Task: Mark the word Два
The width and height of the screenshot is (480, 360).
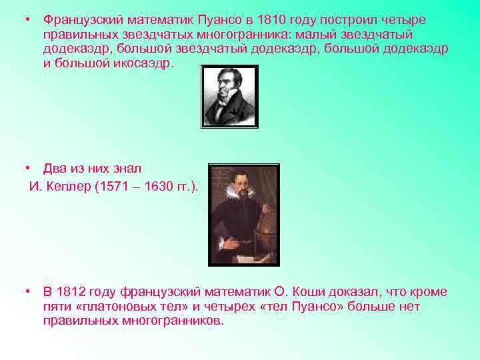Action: (55, 169)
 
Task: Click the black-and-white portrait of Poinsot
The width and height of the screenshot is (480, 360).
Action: (229, 96)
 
